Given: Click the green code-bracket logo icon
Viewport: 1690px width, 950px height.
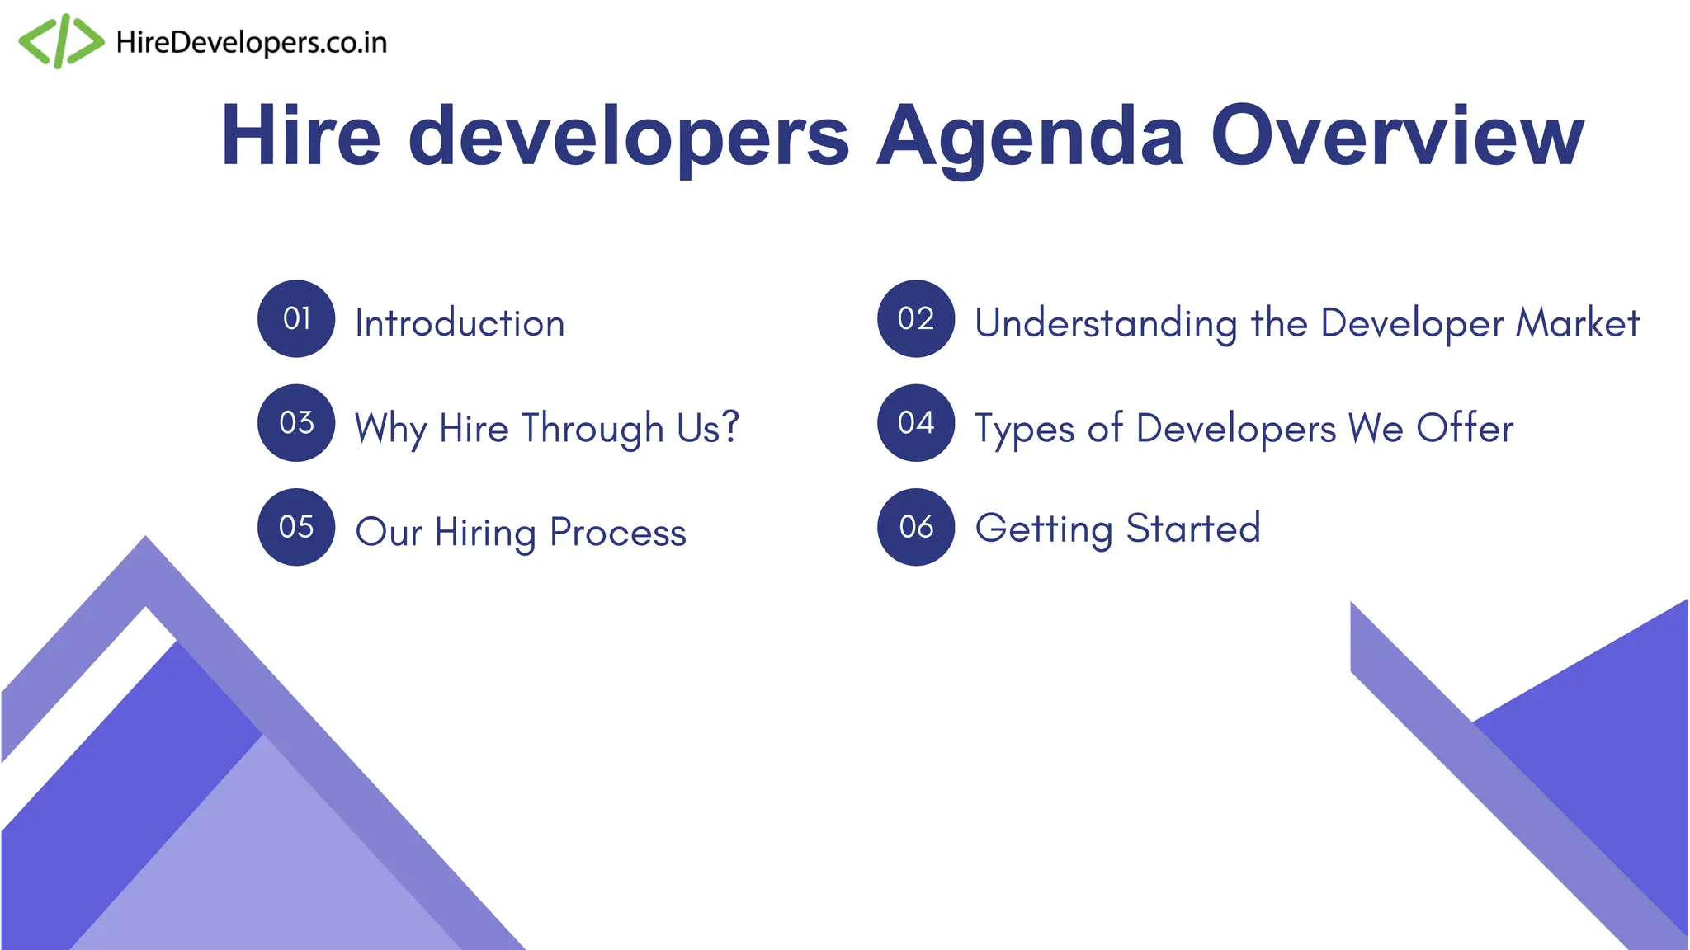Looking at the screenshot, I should point(61,41).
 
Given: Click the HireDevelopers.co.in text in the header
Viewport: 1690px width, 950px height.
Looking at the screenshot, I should point(251,43).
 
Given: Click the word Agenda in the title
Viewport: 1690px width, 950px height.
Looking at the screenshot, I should point(1029,137).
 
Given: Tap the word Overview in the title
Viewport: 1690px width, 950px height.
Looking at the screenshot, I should point(1396,135).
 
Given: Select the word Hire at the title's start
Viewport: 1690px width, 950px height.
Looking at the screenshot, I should point(300,135).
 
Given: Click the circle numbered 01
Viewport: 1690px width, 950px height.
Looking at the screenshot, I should point(296,318).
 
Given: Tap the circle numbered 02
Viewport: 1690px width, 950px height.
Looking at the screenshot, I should point(916,318).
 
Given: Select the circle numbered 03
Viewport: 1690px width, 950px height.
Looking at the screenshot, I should point(296,423).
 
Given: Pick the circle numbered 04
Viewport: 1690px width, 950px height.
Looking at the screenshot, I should point(916,423).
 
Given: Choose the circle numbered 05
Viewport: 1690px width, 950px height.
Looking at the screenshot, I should point(296,527).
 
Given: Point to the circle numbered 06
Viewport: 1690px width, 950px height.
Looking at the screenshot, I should point(916,527).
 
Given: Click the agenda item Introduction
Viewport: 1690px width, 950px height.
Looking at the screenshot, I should point(460,322).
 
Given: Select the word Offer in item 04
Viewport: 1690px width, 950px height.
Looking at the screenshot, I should point(1465,427).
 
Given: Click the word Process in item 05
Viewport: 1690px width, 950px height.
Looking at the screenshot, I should point(617,532).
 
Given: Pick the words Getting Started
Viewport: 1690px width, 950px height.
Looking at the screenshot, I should point(1117,529).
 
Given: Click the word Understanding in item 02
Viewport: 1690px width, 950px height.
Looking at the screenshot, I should point(1105,323).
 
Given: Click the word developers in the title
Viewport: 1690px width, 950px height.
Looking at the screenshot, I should point(628,137).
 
